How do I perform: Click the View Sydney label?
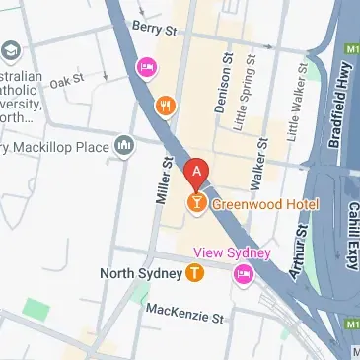tap(231, 252)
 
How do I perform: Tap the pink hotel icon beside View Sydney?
tap(244, 272)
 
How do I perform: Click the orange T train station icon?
tap(195, 272)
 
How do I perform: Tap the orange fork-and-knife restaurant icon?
tap(165, 105)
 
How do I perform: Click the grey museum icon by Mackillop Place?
tap(124, 148)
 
